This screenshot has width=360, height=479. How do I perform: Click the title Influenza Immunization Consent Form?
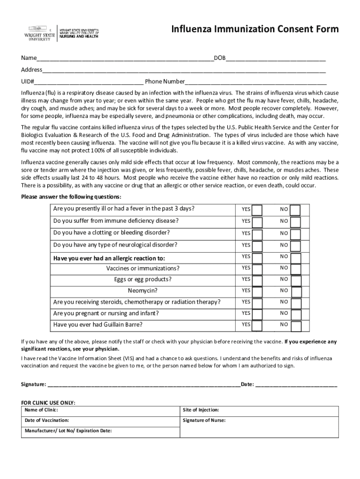pyautogui.click(x=255, y=29)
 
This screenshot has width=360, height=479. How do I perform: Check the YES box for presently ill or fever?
pyautogui.click(x=257, y=209)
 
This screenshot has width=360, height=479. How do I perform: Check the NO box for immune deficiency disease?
pyautogui.click(x=295, y=221)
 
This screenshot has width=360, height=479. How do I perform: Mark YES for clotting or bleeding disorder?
pyautogui.click(x=257, y=233)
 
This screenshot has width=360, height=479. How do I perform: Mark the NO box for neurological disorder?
pyautogui.click(x=295, y=246)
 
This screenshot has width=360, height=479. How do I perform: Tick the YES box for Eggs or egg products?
pyautogui.click(x=257, y=280)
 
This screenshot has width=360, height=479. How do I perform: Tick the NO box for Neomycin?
pyautogui.click(x=295, y=291)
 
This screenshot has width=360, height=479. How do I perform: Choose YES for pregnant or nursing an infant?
pyautogui.click(x=257, y=313)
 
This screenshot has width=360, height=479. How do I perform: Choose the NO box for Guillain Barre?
pyautogui.click(x=295, y=325)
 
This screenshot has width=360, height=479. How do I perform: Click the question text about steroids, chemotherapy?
pyautogui.click(x=137, y=302)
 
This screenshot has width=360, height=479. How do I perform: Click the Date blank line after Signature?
pyautogui.click(x=296, y=385)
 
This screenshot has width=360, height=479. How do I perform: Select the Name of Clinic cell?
pyautogui.click(x=101, y=410)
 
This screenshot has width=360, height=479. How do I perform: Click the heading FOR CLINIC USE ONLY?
pyautogui.click(x=48, y=403)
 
